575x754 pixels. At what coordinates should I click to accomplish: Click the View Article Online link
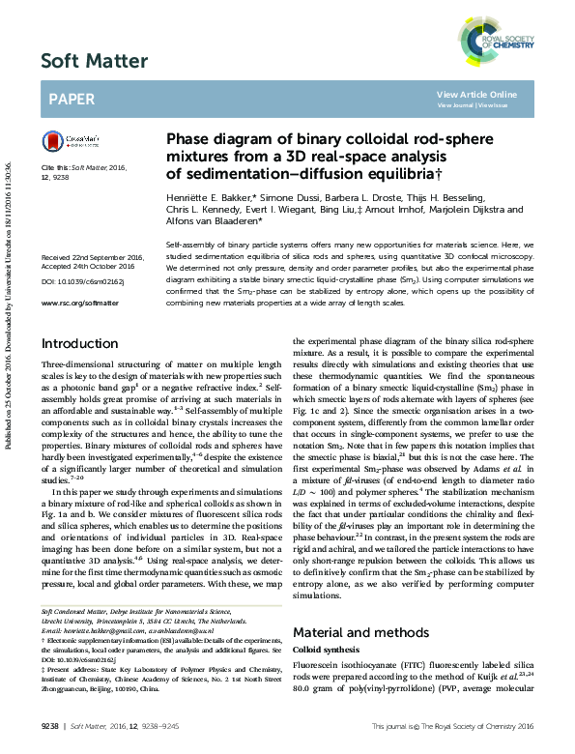(476, 94)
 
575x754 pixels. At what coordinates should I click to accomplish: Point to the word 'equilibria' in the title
(391, 173)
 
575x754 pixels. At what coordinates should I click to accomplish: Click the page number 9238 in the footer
(50, 724)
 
